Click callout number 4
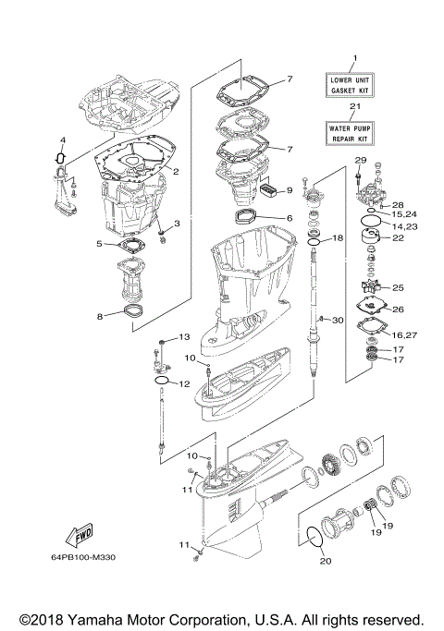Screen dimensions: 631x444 click(x=62, y=140)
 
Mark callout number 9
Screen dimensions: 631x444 click(x=289, y=190)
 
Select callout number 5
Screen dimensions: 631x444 click(x=99, y=244)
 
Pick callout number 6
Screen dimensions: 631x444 click(x=289, y=218)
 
